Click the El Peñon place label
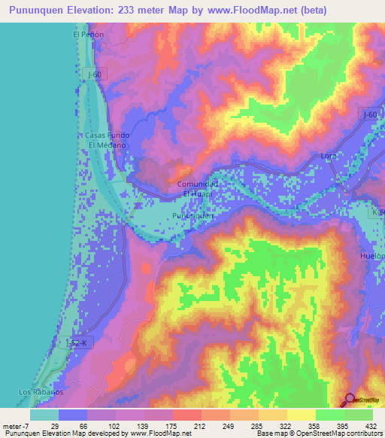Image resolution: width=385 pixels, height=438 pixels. (x=87, y=35)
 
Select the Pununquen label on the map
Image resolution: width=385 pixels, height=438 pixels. (x=194, y=216)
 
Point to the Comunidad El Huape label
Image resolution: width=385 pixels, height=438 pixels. (x=198, y=189)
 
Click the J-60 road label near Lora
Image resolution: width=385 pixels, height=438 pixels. (x=368, y=114)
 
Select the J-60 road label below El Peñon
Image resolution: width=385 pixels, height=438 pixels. (x=94, y=74)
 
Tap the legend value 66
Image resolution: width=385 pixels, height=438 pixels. (x=83, y=426)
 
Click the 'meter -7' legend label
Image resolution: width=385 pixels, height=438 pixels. (x=17, y=426)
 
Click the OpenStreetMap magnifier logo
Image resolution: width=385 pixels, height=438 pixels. (x=350, y=400)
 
